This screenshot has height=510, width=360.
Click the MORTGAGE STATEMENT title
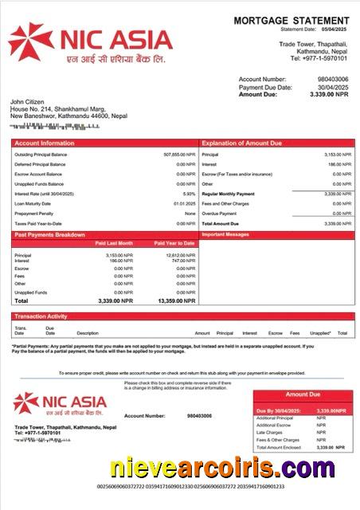(x=291, y=20)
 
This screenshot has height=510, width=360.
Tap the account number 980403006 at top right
(x=333, y=80)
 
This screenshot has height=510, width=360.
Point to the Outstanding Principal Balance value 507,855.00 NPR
(x=179, y=154)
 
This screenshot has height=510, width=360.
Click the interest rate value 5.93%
(x=189, y=194)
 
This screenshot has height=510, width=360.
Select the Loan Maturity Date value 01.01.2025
(x=185, y=203)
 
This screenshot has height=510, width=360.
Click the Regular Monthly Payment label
(x=229, y=194)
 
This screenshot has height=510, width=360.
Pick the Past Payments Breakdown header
(x=49, y=235)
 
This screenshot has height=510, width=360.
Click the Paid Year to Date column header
(x=175, y=243)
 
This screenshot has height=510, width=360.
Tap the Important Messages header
(x=226, y=235)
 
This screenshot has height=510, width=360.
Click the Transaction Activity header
(x=41, y=316)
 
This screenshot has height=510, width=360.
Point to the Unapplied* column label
(x=320, y=333)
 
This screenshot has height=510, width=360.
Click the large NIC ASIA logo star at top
(x=29, y=42)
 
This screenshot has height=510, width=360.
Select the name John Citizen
(x=28, y=102)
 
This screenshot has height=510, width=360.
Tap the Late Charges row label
(x=269, y=433)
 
